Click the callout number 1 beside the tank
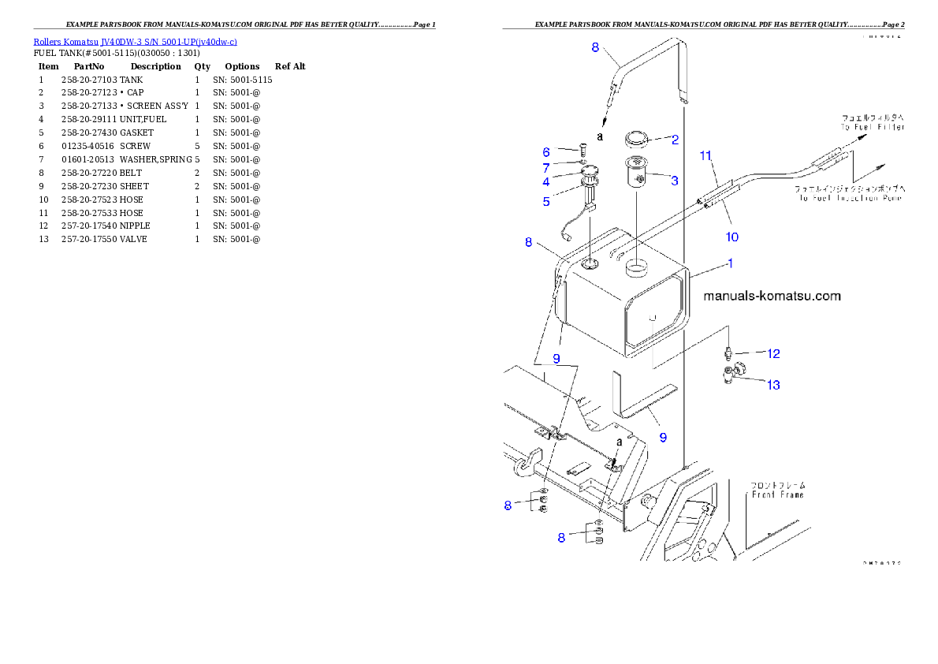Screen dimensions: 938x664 click(x=730, y=263)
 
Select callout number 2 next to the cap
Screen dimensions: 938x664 click(x=675, y=140)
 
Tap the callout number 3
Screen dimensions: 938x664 click(x=675, y=181)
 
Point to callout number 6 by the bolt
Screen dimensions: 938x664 click(x=545, y=152)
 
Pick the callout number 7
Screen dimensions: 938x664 click(x=545, y=167)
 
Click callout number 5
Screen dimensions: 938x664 click(x=545, y=201)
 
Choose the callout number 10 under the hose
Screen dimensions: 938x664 click(x=732, y=236)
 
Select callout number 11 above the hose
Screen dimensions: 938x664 click(x=705, y=156)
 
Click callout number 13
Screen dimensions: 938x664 click(x=774, y=385)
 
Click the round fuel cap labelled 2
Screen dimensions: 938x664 click(x=636, y=140)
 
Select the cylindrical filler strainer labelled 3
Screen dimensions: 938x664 click(x=637, y=173)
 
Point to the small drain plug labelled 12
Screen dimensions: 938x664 click(x=731, y=351)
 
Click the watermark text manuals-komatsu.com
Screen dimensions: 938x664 click(x=772, y=297)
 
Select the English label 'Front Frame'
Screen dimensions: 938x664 click(x=776, y=494)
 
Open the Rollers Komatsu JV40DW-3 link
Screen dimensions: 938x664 click(x=135, y=41)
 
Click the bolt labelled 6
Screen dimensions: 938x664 click(x=581, y=148)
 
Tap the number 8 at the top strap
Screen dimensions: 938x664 click(x=596, y=47)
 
